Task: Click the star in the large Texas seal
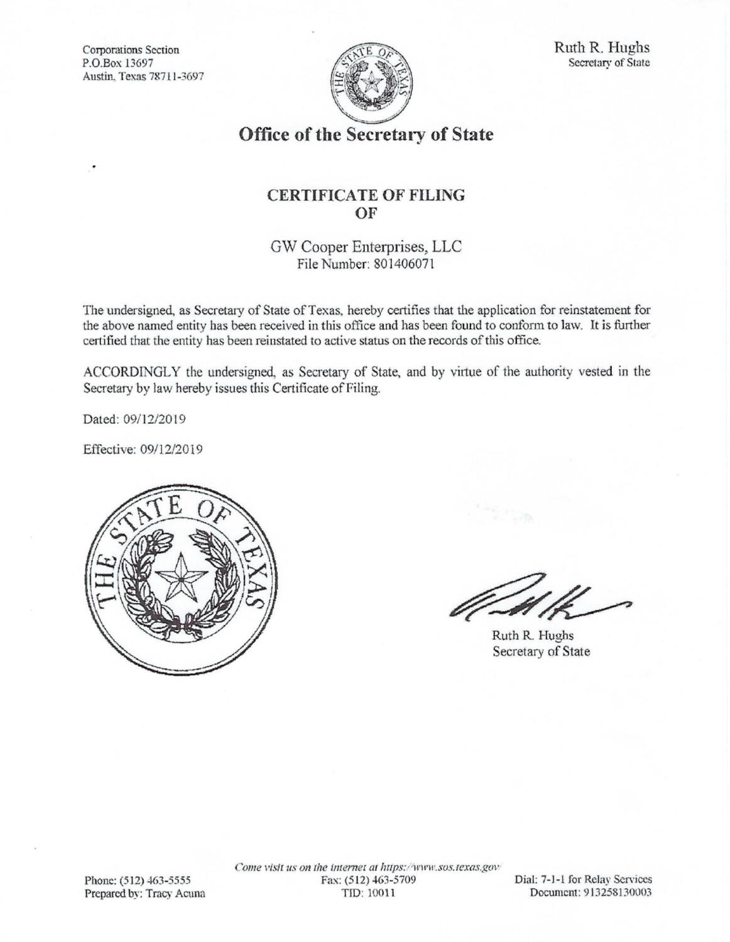(181, 577)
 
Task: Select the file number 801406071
(403, 264)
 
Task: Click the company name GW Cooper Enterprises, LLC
(366, 247)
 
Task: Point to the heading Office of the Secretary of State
(366, 134)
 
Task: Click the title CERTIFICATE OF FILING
(366, 195)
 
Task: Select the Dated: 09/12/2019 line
(134, 419)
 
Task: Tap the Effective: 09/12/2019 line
(143, 450)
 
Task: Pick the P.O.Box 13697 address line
(119, 63)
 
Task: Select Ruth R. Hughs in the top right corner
(601, 47)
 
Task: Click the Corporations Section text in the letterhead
(131, 50)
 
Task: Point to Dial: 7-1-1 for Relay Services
(583, 880)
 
